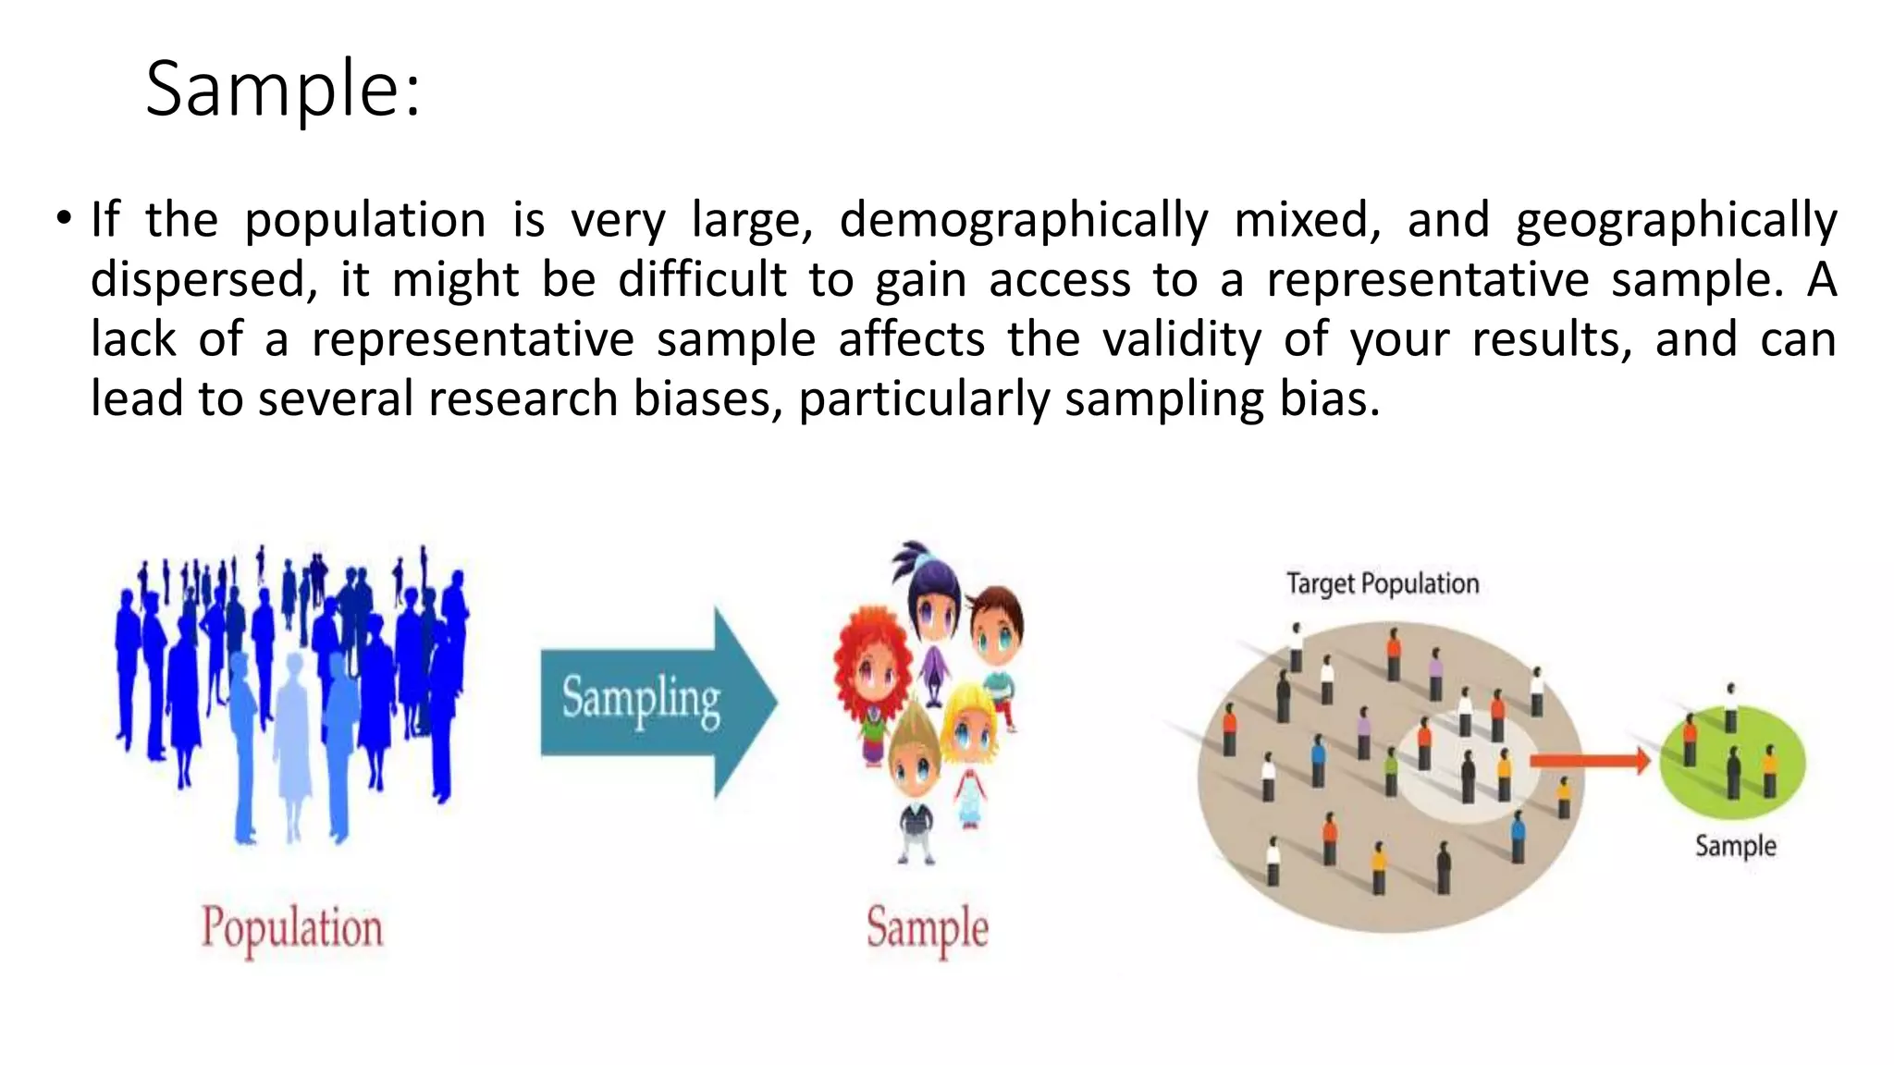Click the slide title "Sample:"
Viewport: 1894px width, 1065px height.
tap(283, 90)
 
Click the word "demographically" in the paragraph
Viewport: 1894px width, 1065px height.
tap(1024, 221)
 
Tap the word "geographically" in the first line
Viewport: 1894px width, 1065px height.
tap(1676, 221)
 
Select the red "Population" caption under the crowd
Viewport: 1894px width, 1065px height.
tap(291, 927)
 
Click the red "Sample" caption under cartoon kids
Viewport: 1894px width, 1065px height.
tap(927, 927)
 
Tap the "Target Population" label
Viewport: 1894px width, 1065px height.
tap(1383, 584)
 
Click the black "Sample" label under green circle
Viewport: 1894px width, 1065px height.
tap(1735, 846)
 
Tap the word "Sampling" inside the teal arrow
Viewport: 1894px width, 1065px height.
tap(641, 699)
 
